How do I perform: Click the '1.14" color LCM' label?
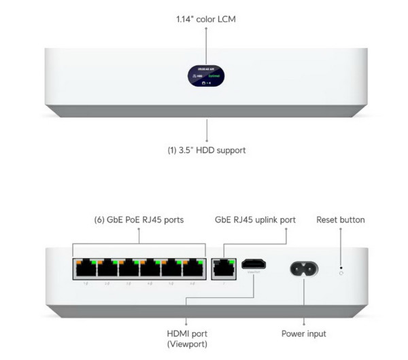[x=206, y=19]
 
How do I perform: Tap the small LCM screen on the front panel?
[x=207, y=77]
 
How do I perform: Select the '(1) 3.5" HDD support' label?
[x=207, y=150]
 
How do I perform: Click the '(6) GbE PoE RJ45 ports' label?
[x=139, y=220]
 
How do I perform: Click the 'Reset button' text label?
[x=340, y=220]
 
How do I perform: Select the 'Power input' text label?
[x=303, y=334]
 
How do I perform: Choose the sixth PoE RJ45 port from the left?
[x=193, y=269]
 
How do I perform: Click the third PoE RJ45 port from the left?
[x=129, y=269]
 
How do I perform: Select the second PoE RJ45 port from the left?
[x=107, y=269]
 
